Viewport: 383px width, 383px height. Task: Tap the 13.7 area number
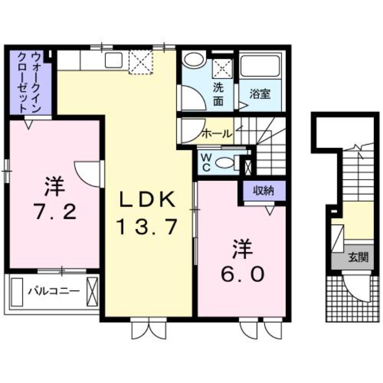click(x=147, y=226)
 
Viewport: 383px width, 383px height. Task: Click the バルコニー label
click(x=54, y=291)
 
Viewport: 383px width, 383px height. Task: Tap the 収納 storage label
click(x=263, y=191)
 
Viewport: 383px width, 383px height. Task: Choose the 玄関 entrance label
click(x=358, y=257)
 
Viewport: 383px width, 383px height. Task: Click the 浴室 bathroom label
click(x=259, y=94)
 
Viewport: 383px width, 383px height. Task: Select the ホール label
click(x=217, y=134)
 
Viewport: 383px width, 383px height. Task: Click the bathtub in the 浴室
click(x=260, y=65)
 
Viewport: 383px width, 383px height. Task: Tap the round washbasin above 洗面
click(x=194, y=60)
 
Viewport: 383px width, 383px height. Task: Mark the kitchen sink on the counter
click(x=113, y=60)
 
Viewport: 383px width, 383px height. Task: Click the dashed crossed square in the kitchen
click(x=140, y=62)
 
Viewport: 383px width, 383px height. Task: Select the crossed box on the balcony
click(x=92, y=292)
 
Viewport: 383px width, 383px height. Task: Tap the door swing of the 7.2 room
click(x=88, y=174)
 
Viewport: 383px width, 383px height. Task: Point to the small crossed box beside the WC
click(x=248, y=167)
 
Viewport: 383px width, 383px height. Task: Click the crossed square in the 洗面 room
click(x=222, y=68)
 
